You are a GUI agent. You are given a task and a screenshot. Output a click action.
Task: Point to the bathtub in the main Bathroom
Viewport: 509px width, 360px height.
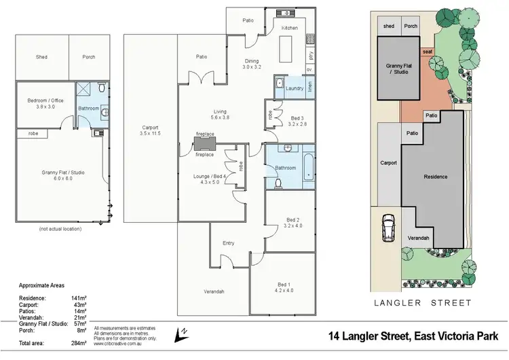[309, 166]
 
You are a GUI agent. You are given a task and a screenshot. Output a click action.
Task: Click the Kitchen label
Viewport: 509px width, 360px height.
[290, 28]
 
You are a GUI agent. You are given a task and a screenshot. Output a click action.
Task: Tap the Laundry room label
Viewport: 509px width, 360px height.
[295, 88]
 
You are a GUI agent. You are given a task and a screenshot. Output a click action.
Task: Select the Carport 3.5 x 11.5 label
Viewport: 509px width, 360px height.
[150, 130]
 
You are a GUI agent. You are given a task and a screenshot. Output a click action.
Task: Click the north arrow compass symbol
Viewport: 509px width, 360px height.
[181, 333]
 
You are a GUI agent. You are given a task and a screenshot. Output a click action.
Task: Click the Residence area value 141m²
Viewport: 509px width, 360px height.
[77, 298]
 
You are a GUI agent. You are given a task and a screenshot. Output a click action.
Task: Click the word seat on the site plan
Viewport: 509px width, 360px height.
[428, 52]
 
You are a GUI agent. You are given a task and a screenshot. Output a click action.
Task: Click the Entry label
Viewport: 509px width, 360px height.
[229, 242]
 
